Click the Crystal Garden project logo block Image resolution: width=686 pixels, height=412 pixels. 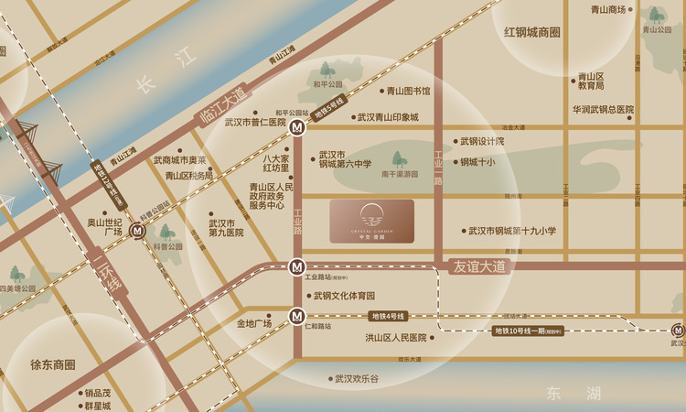coord(371,222)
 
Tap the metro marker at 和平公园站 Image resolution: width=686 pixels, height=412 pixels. coord(297,129)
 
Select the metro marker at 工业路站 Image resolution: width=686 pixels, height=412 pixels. coord(296,266)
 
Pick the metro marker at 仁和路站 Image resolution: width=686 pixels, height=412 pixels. coord(296,317)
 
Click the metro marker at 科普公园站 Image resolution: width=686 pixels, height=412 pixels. coord(137,232)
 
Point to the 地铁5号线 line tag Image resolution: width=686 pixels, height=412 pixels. coord(329,108)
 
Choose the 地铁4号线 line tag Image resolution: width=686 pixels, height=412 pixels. coord(390,316)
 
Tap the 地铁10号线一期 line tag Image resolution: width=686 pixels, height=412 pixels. coord(527,331)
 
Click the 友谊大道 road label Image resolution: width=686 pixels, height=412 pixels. coord(479,266)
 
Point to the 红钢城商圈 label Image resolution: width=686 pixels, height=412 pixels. coord(531,32)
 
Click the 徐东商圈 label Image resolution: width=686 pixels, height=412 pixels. coord(52,364)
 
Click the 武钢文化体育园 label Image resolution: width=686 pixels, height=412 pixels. coord(344,296)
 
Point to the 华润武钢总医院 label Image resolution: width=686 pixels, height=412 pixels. coord(603,109)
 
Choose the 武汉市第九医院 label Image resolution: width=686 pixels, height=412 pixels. coord(226,228)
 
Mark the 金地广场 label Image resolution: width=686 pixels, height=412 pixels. coord(254,323)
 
